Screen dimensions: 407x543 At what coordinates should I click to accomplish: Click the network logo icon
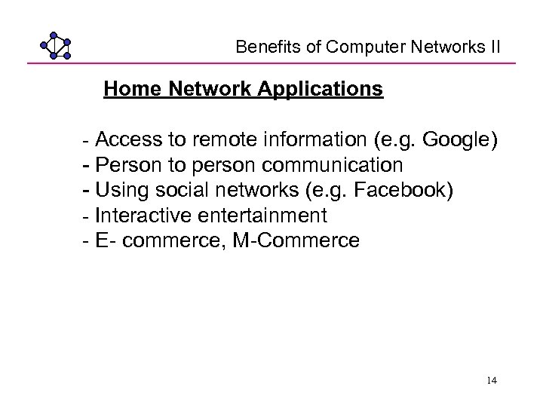tap(56, 46)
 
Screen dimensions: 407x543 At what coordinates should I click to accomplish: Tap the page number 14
tap(492, 381)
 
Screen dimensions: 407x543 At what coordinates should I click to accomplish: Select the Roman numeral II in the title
tap(495, 47)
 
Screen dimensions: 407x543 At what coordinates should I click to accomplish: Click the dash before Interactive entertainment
tap(85, 216)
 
